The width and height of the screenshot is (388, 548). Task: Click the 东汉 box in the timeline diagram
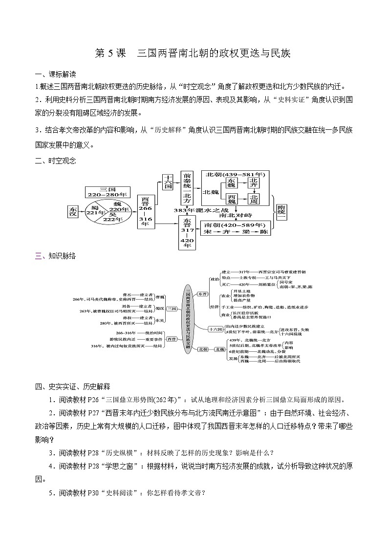point(73,211)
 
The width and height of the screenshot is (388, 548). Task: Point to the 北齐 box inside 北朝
point(254,183)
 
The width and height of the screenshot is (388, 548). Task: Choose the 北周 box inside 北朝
point(254,199)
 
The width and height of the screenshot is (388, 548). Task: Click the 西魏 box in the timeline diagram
point(232,199)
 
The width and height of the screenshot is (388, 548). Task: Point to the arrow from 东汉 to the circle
point(82,211)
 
